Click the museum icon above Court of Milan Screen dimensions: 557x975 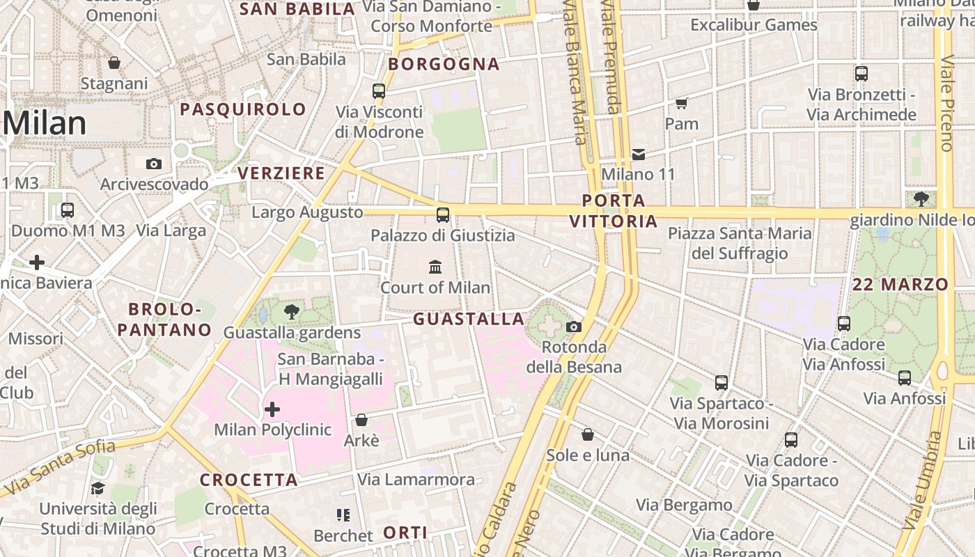point(435,266)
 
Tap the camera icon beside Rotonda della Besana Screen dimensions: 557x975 point(574,327)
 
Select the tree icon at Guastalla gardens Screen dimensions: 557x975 point(292,312)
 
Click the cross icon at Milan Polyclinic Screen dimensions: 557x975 point(272,409)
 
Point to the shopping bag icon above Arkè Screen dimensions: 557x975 point(361,420)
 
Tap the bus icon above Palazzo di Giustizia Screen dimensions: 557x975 point(443,214)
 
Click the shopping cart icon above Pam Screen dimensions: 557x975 point(681,103)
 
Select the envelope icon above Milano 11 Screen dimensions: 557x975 point(639,154)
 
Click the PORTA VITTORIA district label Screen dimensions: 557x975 point(613,211)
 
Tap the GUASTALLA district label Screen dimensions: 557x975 point(469,319)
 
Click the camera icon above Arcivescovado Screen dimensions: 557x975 point(154,164)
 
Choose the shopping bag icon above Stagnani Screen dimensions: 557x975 point(114,63)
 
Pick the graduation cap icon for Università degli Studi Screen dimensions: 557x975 point(97,489)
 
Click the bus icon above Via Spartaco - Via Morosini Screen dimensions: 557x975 point(721,382)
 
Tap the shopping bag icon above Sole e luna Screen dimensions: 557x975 point(588,434)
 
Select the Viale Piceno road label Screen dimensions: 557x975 point(946,104)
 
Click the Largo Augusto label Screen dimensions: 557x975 point(307,212)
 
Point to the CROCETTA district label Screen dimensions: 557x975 point(249,480)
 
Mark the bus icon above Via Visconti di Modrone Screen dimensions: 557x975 point(379,91)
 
